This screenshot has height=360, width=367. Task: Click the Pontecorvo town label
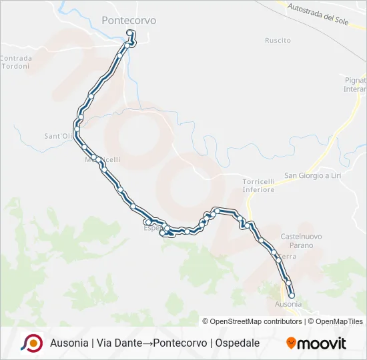(x=129, y=21)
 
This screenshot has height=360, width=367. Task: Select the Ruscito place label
(x=278, y=41)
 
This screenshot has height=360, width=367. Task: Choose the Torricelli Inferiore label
(x=258, y=185)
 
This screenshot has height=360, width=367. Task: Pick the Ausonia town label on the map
(x=288, y=304)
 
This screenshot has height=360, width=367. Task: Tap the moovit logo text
(x=322, y=343)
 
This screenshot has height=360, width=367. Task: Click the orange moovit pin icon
(x=291, y=343)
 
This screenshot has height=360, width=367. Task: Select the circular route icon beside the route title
(x=31, y=343)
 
